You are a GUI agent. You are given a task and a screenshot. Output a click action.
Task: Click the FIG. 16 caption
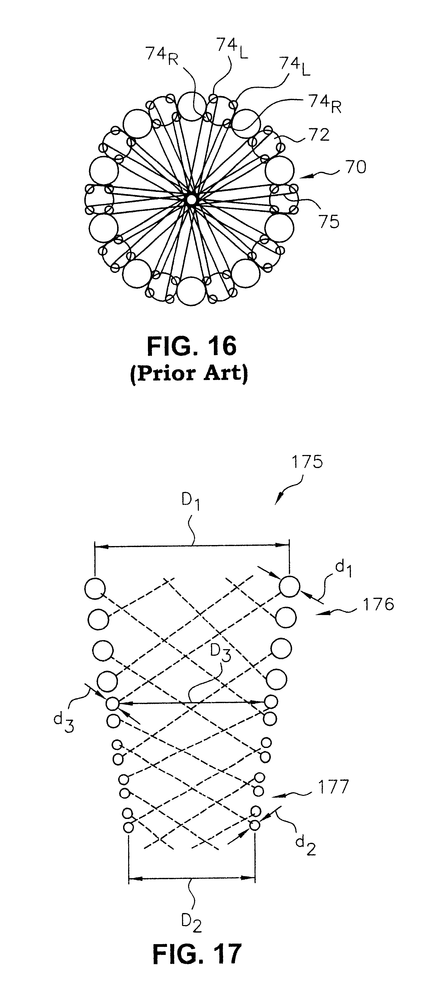click(192, 346)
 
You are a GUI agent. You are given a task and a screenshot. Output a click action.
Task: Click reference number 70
click(355, 167)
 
